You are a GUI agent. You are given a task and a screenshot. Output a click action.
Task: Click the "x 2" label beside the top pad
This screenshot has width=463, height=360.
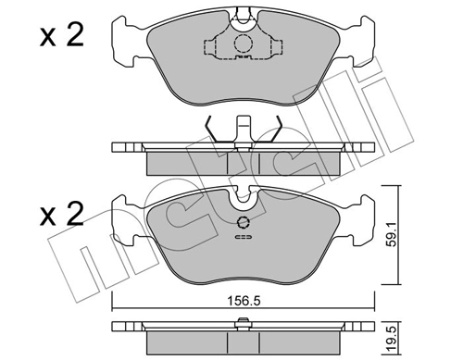61,36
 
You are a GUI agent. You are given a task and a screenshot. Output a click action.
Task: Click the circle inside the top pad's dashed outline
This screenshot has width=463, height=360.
243,43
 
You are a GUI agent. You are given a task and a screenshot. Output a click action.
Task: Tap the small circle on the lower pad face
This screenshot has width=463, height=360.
243,221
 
